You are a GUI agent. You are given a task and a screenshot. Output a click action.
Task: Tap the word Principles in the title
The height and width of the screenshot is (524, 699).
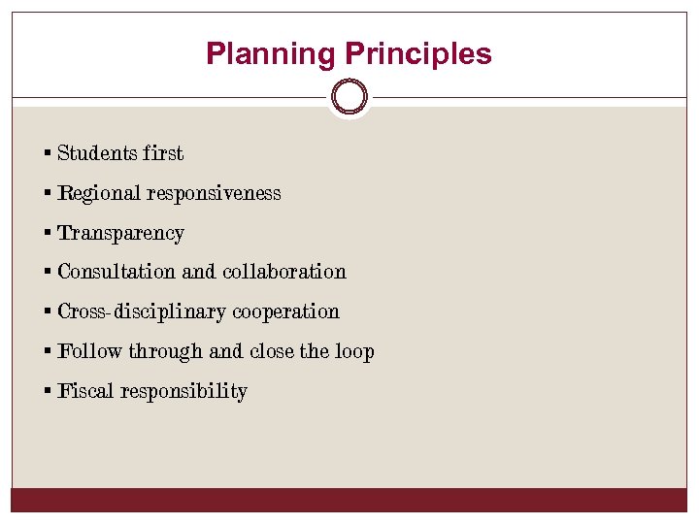pyautogui.click(x=418, y=54)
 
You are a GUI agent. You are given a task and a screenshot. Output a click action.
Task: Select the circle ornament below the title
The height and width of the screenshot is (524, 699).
pyautogui.click(x=349, y=97)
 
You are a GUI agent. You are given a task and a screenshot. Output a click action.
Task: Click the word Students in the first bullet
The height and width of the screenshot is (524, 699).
pyautogui.click(x=96, y=153)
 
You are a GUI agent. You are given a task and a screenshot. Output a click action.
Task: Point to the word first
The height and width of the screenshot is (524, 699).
pyautogui.click(x=162, y=153)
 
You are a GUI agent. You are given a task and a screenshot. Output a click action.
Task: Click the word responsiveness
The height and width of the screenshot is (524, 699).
pyautogui.click(x=214, y=193)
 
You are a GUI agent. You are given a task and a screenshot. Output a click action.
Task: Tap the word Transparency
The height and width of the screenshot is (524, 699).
pyautogui.click(x=120, y=233)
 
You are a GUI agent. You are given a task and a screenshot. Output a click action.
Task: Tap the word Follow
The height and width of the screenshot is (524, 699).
pyautogui.click(x=90, y=351)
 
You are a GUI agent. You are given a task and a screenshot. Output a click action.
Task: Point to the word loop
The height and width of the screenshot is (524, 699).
pyautogui.click(x=355, y=351)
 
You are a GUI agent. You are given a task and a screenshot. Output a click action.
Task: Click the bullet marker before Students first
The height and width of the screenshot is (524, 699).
pyautogui.click(x=48, y=153)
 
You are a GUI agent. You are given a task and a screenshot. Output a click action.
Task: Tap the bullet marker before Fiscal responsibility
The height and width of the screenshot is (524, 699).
pyautogui.click(x=48, y=391)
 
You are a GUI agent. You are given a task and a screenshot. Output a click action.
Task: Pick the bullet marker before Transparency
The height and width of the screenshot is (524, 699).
pyautogui.click(x=48, y=233)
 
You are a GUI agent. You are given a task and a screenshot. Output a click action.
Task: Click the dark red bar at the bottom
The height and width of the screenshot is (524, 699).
pyautogui.click(x=349, y=500)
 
